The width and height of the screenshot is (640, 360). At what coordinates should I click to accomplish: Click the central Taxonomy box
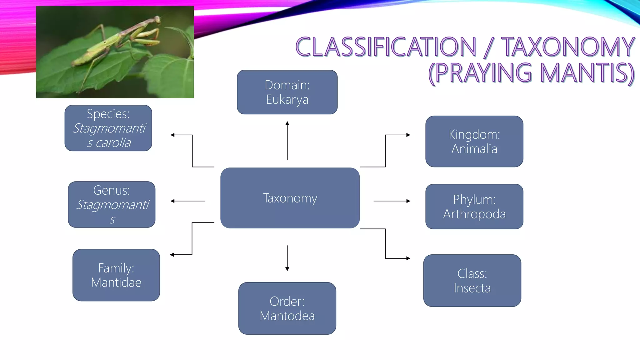pos(290,198)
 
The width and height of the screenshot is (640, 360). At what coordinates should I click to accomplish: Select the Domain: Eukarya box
pos(287,92)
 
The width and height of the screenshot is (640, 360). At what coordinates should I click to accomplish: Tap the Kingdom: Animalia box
pos(474,142)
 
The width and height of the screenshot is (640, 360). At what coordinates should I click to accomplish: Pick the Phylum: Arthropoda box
pos(474,207)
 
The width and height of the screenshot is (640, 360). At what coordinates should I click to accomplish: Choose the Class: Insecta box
pos(472,281)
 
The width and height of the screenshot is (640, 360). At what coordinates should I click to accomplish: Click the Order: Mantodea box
pos(287,308)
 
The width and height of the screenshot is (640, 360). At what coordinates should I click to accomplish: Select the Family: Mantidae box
pos(116,275)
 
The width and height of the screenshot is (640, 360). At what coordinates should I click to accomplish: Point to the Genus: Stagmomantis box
pos(112,204)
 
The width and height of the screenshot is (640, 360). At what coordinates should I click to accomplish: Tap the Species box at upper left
pos(108,128)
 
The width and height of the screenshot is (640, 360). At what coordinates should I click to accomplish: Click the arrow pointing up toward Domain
pos(287,141)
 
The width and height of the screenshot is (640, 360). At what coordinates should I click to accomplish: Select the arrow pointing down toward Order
pos(287,258)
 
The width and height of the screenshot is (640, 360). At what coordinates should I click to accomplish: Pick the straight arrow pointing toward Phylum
pos(392,201)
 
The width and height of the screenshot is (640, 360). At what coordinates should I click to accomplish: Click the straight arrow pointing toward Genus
pos(188,201)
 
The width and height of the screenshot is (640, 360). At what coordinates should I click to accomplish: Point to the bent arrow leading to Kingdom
pos(385,151)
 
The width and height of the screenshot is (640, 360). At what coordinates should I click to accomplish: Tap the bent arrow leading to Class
pos(385,244)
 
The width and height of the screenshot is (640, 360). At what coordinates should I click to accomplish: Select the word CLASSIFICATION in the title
pos(386,47)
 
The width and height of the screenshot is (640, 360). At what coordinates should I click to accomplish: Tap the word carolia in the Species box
pos(113,143)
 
